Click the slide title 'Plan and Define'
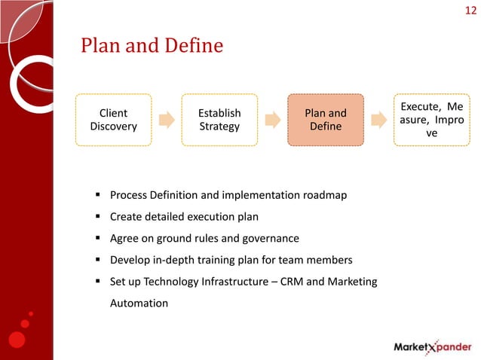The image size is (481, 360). pos(152,47)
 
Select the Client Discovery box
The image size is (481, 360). pos(113,120)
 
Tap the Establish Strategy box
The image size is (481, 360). pos(219,120)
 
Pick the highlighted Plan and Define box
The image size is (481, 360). pos(325,120)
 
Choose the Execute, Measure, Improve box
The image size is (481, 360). pos(431,120)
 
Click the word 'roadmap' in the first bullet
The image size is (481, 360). pos(325,196)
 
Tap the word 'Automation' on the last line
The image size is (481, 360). pos(139,303)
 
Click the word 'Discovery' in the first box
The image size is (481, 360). pos(113,127)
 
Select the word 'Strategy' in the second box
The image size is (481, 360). pos(219,127)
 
